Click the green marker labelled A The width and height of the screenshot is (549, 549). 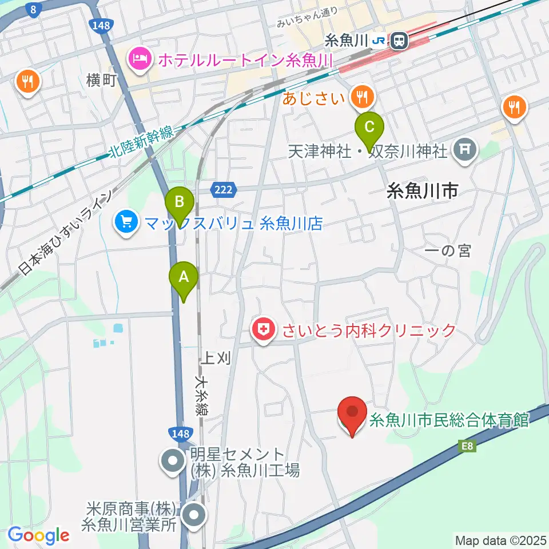[x=184, y=277]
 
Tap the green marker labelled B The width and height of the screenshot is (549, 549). [x=180, y=202]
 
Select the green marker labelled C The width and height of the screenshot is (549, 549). [x=369, y=125]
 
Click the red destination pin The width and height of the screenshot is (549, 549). [x=352, y=412]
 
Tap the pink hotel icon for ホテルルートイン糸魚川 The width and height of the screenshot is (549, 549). [x=140, y=58]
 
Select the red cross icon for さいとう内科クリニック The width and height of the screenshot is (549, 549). [x=263, y=329]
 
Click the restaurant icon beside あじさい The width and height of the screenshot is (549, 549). [x=362, y=96]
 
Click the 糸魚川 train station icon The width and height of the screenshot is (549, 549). [x=399, y=41]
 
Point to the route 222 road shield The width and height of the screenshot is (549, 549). [x=224, y=189]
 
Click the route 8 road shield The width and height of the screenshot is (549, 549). [x=35, y=9]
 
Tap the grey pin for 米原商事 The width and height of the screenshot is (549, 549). [x=194, y=514]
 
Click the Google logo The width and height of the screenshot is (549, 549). [x=38, y=535]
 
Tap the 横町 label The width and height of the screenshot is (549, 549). [x=102, y=79]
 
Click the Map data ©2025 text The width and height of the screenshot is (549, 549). [x=500, y=539]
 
